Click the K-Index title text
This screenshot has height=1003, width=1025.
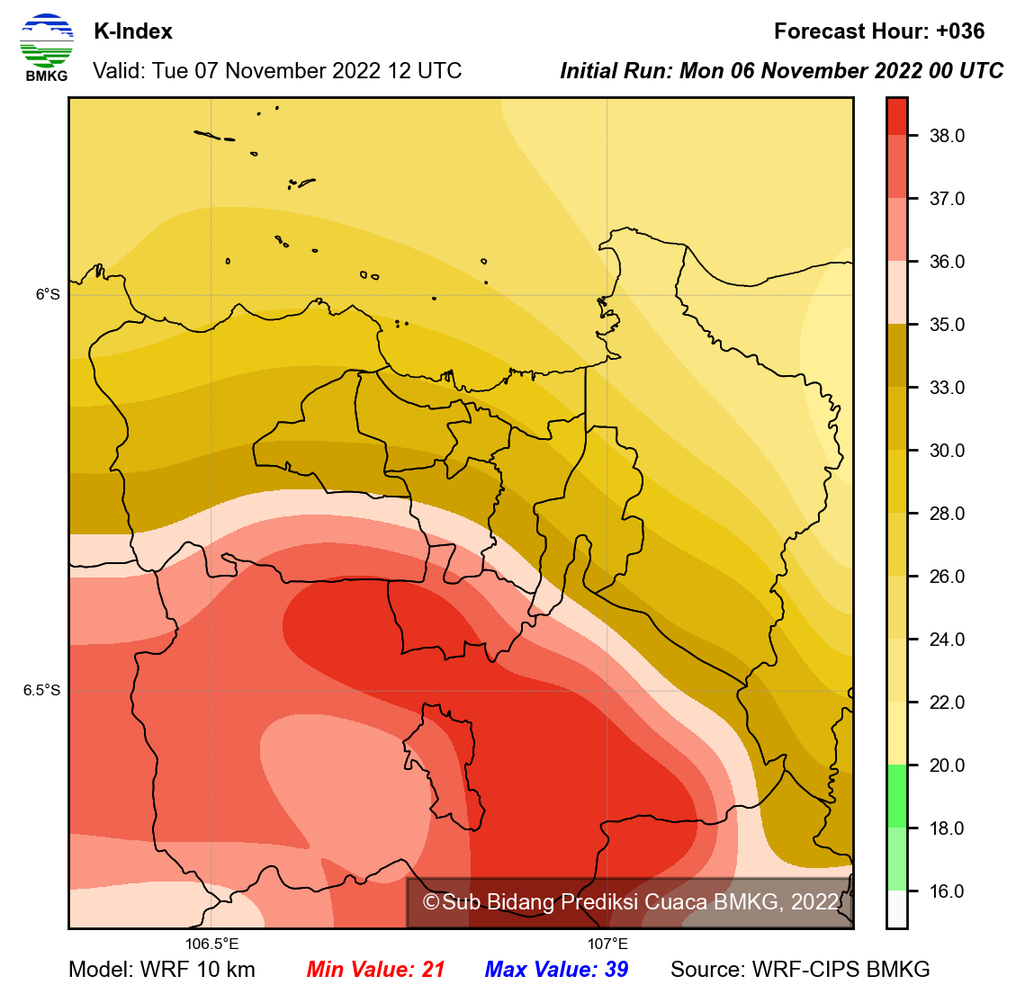coord(133,31)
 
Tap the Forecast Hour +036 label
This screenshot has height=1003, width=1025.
coord(878,31)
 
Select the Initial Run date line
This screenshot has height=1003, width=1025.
coord(781,71)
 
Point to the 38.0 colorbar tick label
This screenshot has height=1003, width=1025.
coord(947,136)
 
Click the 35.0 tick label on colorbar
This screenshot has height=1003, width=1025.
coord(947,325)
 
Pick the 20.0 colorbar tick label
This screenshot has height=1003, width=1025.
coord(947,766)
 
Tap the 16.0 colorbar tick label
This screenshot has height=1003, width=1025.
coord(947,891)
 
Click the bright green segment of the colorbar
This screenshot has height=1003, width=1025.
coord(896,796)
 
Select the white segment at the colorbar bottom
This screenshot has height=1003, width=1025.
coord(896,909)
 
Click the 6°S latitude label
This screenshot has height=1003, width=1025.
coord(48,294)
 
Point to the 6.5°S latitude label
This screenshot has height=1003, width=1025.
coord(42,690)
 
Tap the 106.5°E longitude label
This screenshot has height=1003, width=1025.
coord(212,944)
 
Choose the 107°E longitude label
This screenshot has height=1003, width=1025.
coord(607,944)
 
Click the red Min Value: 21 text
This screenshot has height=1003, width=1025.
coord(375,970)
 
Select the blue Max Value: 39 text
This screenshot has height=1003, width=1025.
coord(556,970)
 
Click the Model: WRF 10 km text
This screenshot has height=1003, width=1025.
coord(162,970)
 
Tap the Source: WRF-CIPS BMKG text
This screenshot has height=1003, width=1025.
coord(800,970)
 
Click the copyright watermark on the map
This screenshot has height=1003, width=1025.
coord(630,902)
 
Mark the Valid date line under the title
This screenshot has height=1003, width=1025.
coord(277,71)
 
